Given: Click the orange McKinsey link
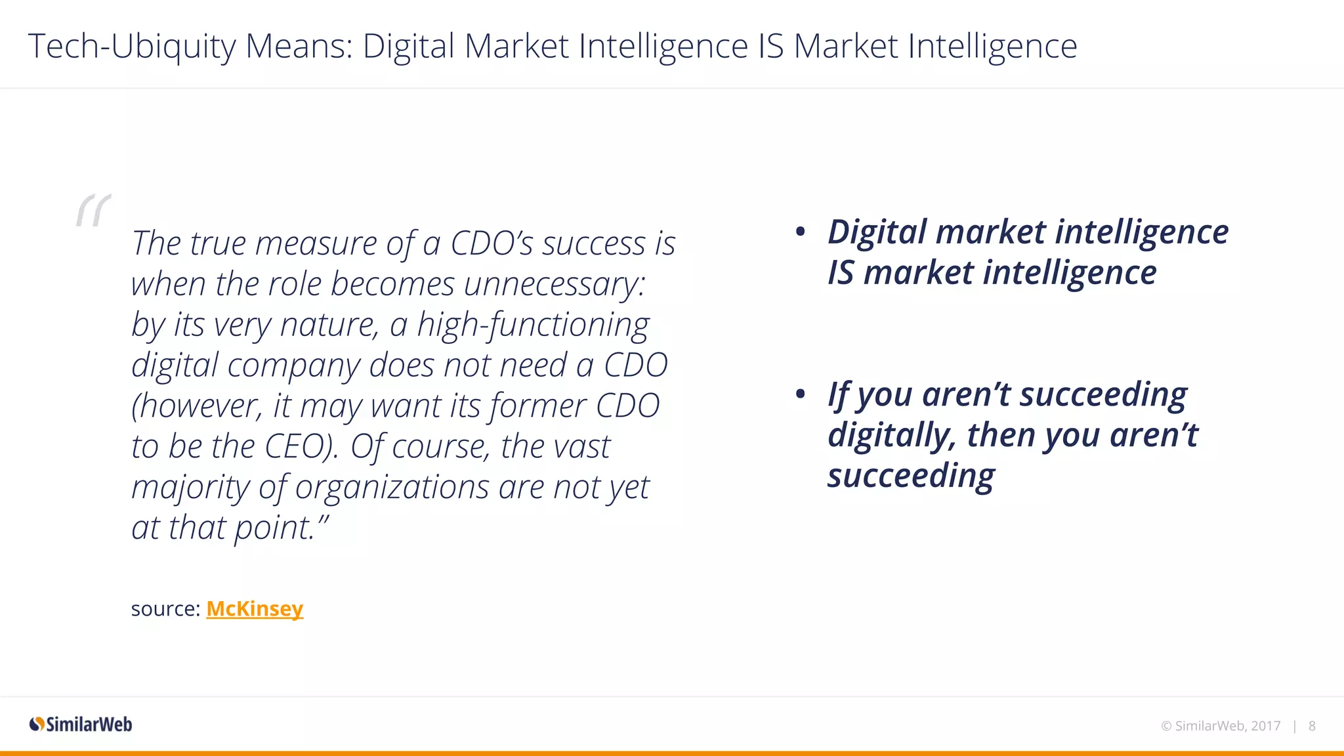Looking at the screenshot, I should (x=255, y=609).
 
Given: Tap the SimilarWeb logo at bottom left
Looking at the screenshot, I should (x=81, y=724).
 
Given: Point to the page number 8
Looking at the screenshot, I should (x=1312, y=726).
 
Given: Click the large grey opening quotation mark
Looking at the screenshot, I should (x=94, y=211).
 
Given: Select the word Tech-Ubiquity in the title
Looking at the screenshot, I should (x=132, y=47).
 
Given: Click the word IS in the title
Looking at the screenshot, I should (x=770, y=47).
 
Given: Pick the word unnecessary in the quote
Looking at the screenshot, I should (x=555, y=284).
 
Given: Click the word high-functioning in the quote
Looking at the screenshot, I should (x=533, y=325).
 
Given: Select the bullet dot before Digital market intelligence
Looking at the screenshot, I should (x=800, y=232).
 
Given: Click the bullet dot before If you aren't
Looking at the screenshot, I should (x=800, y=394).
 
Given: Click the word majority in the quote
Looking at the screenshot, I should (x=190, y=488).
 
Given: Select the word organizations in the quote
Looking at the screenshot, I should (x=392, y=488).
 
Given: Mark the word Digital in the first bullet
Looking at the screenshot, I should (x=877, y=232).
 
